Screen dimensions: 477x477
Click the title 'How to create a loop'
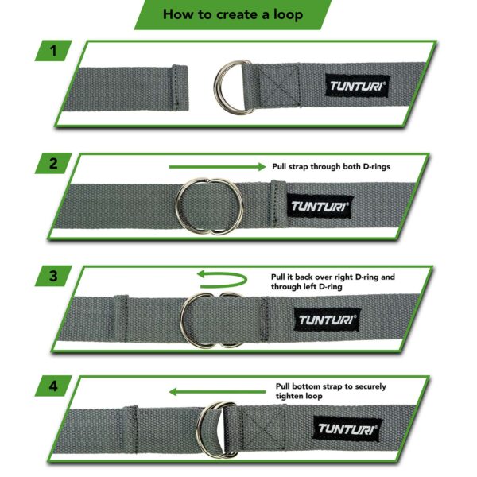click(x=232, y=14)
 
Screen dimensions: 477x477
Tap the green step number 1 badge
click(x=53, y=52)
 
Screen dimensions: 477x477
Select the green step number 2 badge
click(x=53, y=165)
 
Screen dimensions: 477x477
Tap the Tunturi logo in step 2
click(x=320, y=206)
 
